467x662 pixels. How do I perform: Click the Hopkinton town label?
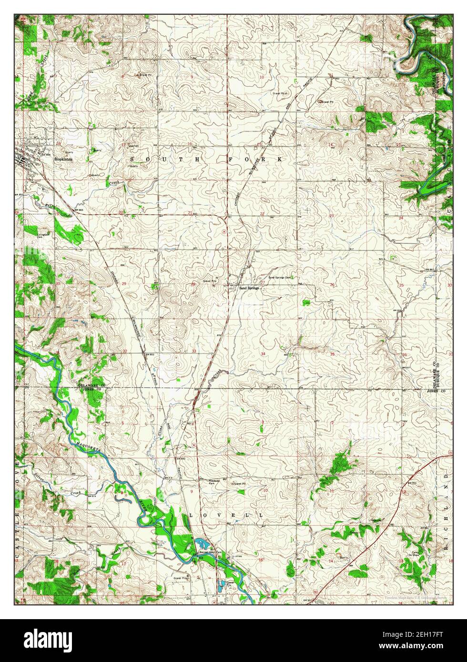pos(63,160)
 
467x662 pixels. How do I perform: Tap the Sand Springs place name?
pos(248,288)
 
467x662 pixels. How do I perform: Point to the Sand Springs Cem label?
pos(279,277)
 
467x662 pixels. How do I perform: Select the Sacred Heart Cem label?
pos(209,552)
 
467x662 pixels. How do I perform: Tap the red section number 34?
pos(263,354)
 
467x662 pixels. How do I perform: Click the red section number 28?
pos(193,284)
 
